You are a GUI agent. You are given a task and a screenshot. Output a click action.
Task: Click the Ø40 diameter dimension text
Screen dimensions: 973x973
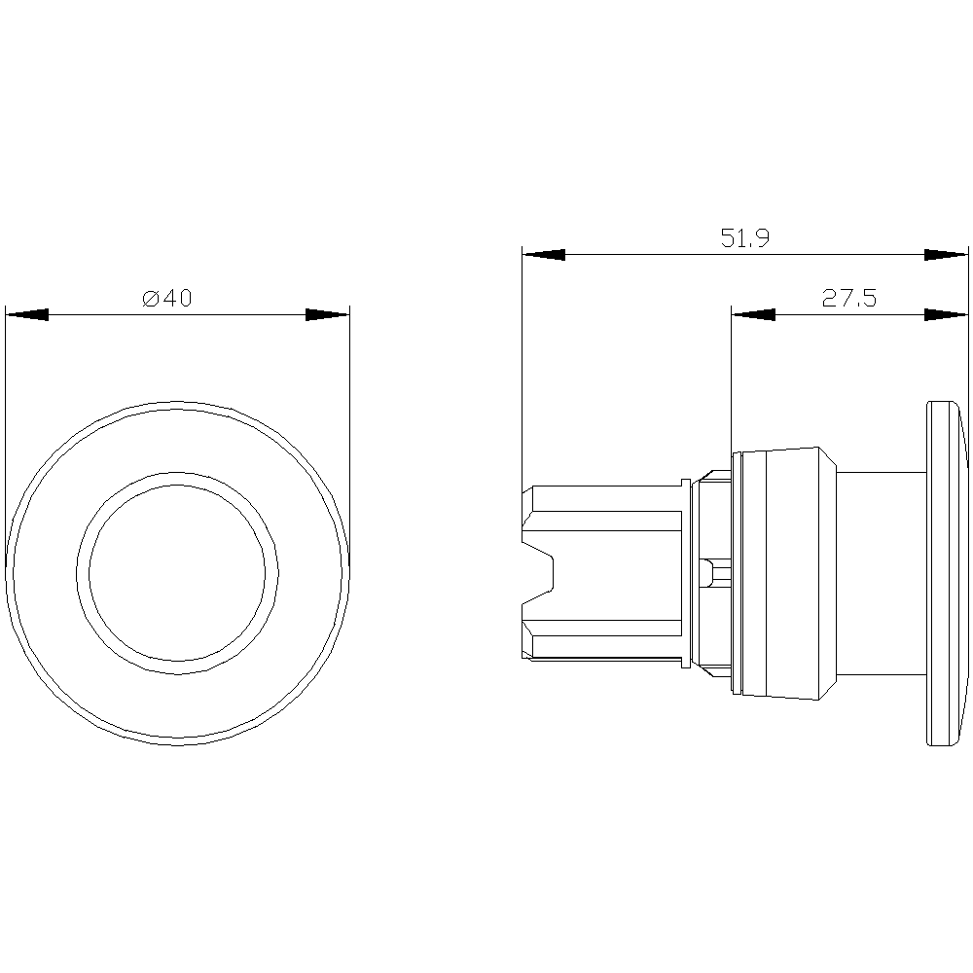[167, 299]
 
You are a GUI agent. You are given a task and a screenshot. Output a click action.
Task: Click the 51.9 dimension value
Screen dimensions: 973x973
[744, 237]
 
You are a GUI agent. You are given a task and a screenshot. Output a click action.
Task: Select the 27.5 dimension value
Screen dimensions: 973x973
[848, 299]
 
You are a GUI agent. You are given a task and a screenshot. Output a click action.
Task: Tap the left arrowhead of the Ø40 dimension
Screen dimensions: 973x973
[26, 314]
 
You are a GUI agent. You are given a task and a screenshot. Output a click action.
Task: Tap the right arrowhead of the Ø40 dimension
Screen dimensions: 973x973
[328, 314]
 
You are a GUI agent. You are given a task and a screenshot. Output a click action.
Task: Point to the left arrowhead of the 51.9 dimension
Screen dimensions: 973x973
[544, 254]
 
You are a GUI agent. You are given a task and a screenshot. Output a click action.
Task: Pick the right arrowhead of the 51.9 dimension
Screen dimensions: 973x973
[946, 254]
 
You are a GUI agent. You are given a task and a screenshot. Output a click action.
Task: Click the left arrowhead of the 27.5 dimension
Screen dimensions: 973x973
[753, 314]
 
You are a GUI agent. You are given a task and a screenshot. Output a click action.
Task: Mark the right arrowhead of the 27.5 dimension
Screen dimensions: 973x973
[946, 314]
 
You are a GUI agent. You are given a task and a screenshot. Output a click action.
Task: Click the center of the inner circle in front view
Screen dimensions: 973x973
[177, 573]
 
